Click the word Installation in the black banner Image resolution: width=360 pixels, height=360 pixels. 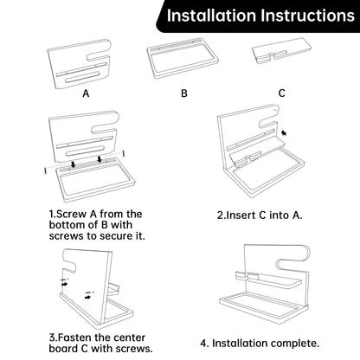tap(211, 16)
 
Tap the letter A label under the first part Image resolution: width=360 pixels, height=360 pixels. tap(86, 93)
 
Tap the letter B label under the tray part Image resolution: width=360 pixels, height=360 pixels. tap(184, 93)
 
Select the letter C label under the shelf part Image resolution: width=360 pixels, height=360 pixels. tap(282, 93)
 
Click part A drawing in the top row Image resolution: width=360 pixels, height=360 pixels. tap(80, 64)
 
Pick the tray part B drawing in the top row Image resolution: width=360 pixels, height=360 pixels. tap(183, 59)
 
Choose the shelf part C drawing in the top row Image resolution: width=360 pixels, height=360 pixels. tap(281, 51)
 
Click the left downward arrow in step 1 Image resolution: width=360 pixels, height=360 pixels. tap(74, 164)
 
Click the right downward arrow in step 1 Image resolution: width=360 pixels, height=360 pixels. tap(100, 159)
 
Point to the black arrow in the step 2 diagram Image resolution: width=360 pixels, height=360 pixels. tap(284, 133)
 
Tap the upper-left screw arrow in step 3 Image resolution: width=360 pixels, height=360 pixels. tap(64, 284)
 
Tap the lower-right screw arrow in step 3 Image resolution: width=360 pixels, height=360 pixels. tap(88, 297)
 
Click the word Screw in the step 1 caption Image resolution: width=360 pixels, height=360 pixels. tap(71, 215)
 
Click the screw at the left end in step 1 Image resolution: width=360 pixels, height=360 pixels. tap(45, 170)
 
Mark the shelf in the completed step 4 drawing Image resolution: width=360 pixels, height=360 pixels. tap(268, 280)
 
